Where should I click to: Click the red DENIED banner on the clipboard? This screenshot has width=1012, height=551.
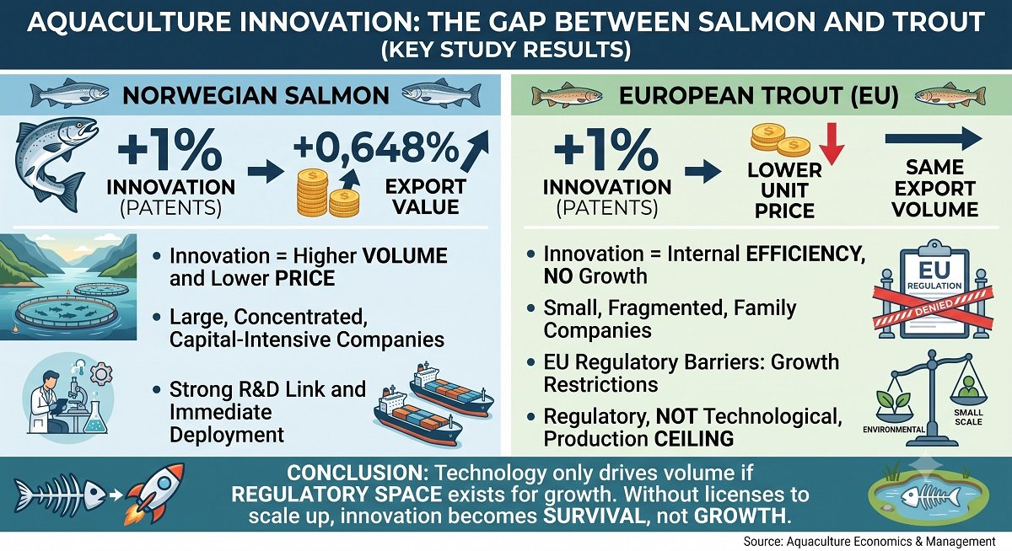pyautogui.click(x=934, y=307)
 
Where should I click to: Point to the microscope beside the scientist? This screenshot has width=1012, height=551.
pyautogui.click(x=74, y=396)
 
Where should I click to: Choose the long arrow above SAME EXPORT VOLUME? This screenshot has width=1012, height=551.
pyautogui.click(x=934, y=139)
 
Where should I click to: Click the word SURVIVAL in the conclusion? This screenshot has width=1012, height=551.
pyautogui.click(x=594, y=516)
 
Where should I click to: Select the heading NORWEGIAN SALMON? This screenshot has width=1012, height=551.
pyautogui.click(x=256, y=96)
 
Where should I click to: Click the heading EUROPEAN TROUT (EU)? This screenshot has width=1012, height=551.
pyautogui.click(x=758, y=96)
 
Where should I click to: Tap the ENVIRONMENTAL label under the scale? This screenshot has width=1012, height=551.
pyautogui.click(x=894, y=429)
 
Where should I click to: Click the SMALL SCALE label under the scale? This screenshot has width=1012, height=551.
pyautogui.click(x=968, y=417)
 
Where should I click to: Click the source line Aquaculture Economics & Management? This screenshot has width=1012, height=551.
pyautogui.click(x=869, y=541)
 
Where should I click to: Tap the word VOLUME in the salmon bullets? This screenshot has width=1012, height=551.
pyautogui.click(x=406, y=256)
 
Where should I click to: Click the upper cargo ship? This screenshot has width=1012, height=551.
pyautogui.click(x=451, y=389)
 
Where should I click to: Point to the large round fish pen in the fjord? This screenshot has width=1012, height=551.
pyautogui.click(x=67, y=312)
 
